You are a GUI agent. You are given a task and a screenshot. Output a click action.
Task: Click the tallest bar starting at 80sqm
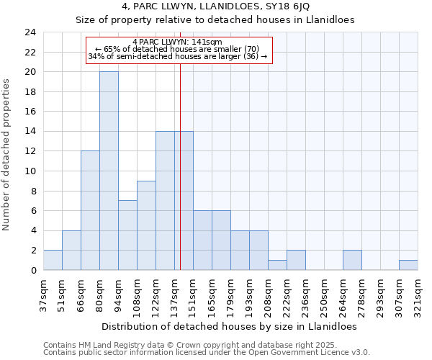109,171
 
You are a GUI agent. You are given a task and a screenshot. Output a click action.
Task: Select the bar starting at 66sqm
90,210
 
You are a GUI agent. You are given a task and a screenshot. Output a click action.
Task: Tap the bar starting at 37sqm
53,260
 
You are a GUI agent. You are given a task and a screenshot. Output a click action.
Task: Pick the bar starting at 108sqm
146,225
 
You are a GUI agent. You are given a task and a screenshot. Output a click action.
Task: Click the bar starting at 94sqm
127,235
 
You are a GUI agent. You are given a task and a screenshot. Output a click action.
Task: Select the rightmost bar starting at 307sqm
408,265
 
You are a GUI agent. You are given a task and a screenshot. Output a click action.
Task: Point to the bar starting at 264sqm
352,260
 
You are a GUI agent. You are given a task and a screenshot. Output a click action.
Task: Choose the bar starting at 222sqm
296,260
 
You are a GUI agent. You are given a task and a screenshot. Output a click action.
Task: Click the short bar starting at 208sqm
277,265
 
